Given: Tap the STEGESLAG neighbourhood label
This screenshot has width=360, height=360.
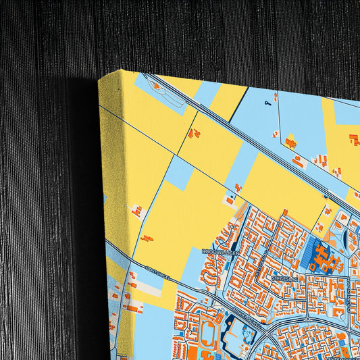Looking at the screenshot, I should click(x=284, y=276).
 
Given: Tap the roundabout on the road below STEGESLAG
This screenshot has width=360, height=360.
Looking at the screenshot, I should click(x=307, y=318).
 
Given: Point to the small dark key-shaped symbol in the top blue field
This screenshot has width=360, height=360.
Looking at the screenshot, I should click(x=268, y=103).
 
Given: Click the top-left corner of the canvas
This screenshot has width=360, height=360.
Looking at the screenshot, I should click(x=99, y=80).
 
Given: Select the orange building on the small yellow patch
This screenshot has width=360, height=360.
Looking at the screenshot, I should click(x=291, y=143).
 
